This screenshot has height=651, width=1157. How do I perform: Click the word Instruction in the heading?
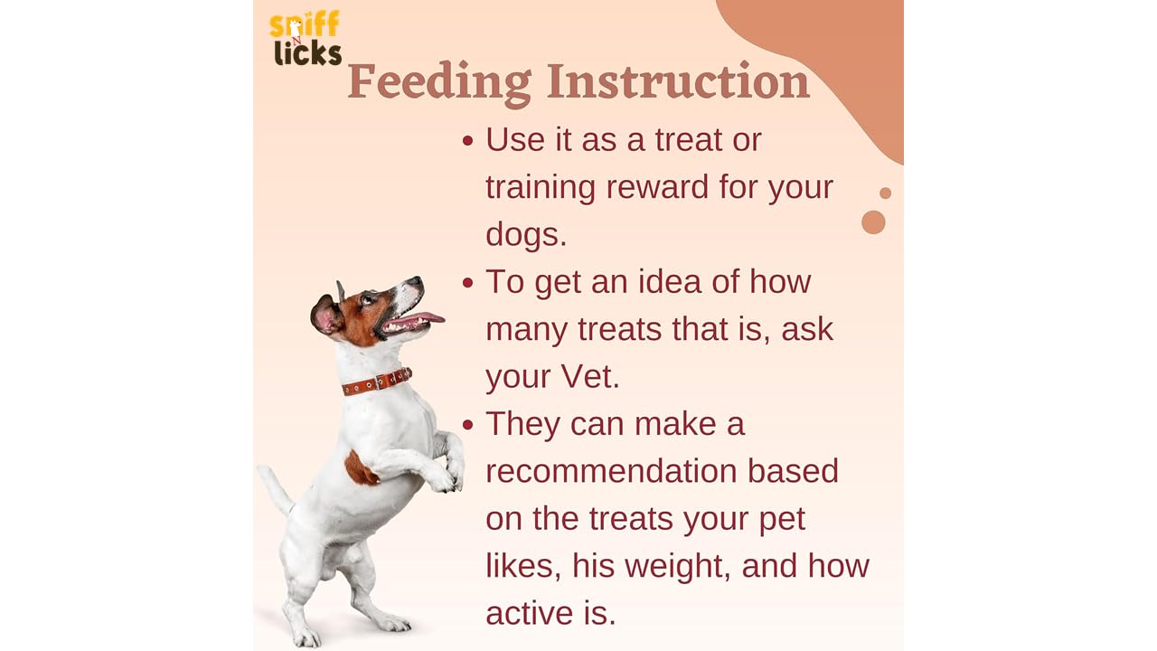[678, 80]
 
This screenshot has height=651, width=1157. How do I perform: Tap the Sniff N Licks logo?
[306, 39]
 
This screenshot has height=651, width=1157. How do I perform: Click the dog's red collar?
[377, 382]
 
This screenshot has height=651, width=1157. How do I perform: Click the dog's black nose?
[415, 281]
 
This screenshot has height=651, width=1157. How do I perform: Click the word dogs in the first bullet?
[526, 235]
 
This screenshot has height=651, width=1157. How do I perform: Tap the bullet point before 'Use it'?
[468, 140]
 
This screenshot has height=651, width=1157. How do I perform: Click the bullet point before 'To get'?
[468, 283]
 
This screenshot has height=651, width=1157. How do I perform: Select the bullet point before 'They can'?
[468, 425]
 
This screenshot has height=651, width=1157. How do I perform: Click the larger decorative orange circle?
[873, 222]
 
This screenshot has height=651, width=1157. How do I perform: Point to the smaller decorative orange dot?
[885, 193]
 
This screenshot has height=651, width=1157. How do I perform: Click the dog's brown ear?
[326, 316]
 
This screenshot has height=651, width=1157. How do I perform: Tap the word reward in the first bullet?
[657, 186]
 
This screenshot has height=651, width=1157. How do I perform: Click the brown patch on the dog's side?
[361, 468]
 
